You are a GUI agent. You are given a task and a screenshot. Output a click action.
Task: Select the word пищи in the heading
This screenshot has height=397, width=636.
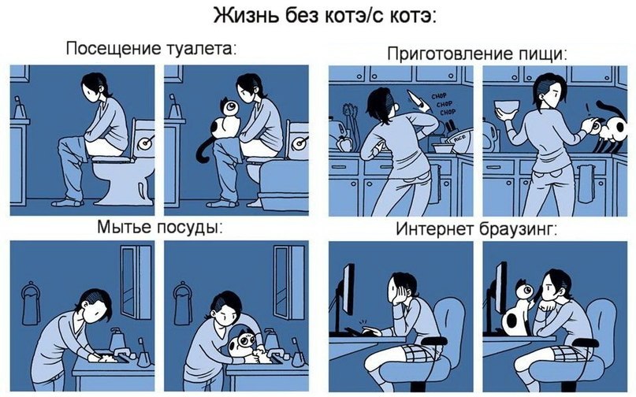coord(545,54)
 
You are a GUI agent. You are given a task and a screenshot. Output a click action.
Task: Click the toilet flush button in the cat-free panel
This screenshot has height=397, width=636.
coord(147,143)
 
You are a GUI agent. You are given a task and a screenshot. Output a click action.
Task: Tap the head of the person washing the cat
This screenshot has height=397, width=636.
coord(228,304)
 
